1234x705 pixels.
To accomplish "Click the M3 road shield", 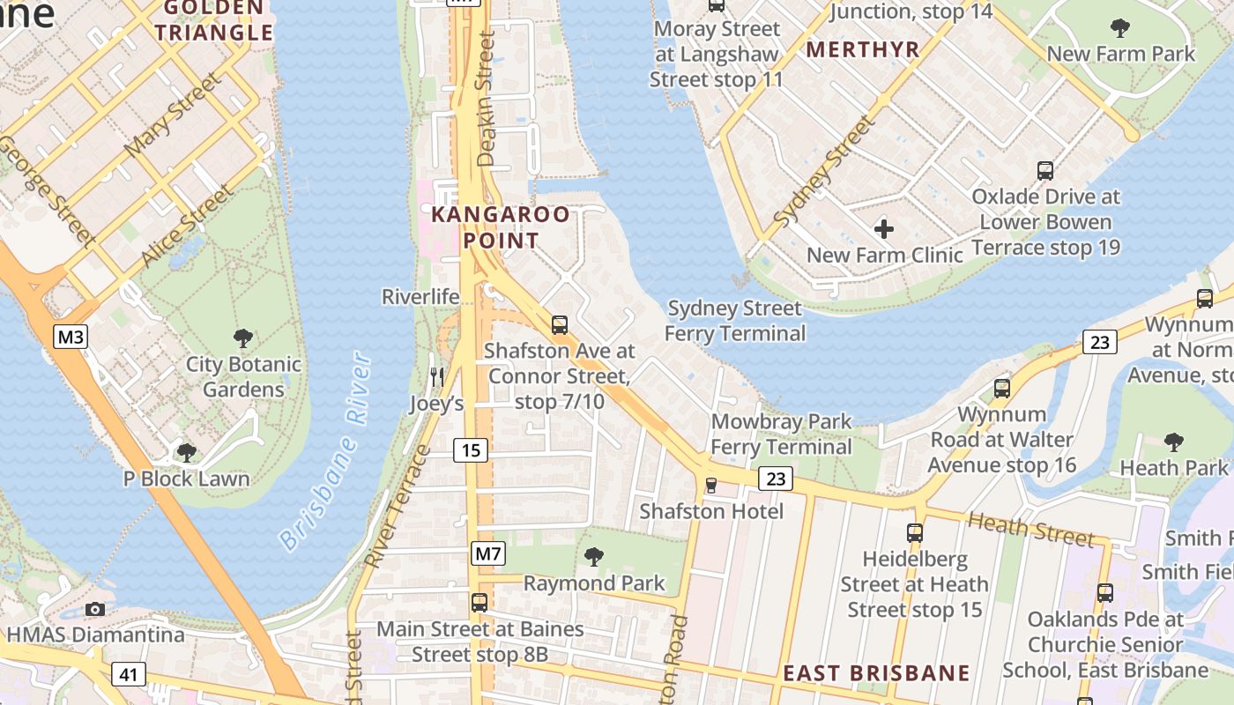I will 70,337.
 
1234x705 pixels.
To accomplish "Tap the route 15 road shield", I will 472,450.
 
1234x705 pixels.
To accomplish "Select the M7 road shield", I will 487,554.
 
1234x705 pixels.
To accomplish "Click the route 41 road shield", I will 129,675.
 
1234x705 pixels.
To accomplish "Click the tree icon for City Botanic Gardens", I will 243,338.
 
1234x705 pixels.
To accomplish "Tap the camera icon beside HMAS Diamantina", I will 95,609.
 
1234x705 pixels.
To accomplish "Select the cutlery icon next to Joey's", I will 437,377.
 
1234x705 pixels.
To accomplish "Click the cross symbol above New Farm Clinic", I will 884,229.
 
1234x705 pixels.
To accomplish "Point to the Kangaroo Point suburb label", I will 500,227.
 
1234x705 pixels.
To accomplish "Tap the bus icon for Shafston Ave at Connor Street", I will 560,324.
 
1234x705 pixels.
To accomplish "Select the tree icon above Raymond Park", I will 594,556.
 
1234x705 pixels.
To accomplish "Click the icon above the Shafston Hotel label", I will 711,485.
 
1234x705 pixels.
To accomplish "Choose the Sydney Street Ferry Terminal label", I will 734,321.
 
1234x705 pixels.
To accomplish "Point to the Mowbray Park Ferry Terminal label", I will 781,434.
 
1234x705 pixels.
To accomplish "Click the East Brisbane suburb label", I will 876,673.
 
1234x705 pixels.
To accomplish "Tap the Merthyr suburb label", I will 863,49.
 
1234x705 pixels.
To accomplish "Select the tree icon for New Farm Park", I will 1120,28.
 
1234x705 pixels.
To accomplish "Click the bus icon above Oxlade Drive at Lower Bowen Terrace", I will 1045,170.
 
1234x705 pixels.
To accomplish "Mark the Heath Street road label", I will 1030,528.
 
